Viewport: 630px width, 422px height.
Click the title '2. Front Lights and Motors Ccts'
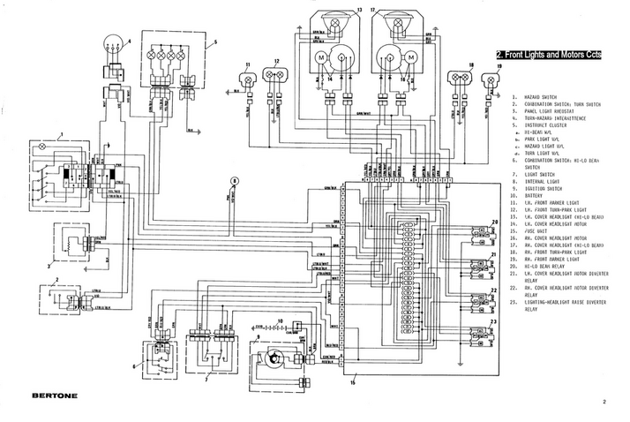click(549, 55)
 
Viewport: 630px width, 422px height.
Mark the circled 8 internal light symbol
click(234, 180)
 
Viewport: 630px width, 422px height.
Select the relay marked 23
click(482, 335)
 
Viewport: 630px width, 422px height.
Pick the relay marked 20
click(482, 234)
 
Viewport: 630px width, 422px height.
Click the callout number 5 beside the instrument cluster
click(213, 41)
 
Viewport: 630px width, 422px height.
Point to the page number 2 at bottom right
click(605, 402)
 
